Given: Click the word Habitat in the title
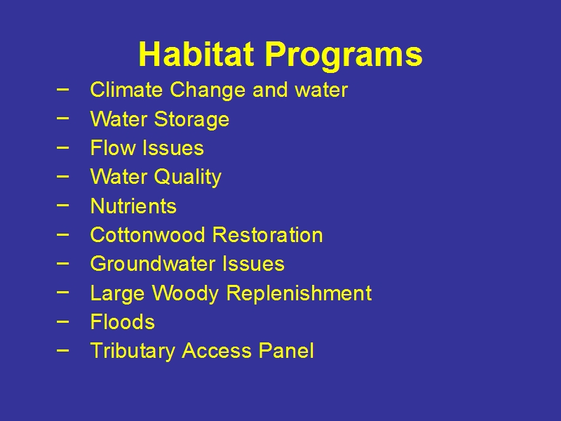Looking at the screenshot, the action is pos(196,54).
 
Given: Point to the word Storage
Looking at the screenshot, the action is pos(191,120).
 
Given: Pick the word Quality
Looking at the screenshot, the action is pos(188,178).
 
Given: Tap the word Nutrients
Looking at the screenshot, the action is pos(133,206).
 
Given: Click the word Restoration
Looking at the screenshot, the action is pos(268,235).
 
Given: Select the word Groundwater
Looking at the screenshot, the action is pos(153,265).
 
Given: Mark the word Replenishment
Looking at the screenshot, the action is pos(299,293).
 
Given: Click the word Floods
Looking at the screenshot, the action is pos(123,322).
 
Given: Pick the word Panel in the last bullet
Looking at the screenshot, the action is pos(286,350).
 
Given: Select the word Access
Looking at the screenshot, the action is pos(217,350).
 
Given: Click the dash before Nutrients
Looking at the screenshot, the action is pos(62,205).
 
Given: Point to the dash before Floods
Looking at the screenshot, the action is pos(62,321).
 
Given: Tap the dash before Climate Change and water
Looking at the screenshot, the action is pos(62,89).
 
